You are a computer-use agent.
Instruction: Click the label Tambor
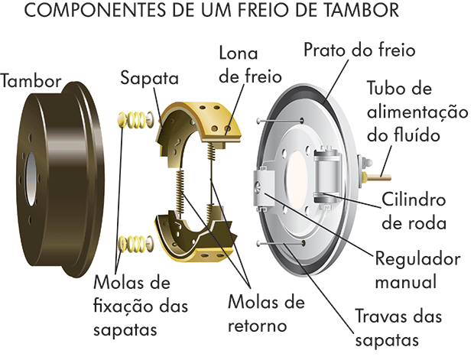31,81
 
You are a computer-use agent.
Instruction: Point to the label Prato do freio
359,50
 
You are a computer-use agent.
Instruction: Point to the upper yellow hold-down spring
133,118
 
